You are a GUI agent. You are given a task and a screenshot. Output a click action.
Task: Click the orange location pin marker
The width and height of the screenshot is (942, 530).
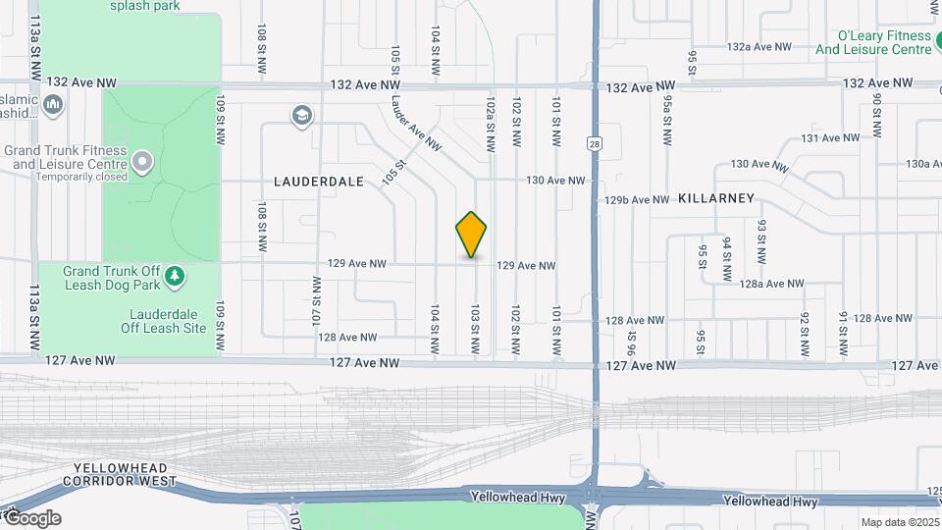[472, 235]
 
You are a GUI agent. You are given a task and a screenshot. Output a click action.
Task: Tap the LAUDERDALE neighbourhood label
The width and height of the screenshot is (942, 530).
[319, 182]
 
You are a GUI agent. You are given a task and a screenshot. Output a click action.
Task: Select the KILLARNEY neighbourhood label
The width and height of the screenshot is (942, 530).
[716, 198]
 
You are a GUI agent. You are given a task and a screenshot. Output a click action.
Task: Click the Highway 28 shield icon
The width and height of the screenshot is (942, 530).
[595, 143]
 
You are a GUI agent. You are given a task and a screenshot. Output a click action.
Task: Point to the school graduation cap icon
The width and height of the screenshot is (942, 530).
[302, 117]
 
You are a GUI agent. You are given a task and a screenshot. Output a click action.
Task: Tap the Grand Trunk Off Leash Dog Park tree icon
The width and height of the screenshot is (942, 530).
[175, 276]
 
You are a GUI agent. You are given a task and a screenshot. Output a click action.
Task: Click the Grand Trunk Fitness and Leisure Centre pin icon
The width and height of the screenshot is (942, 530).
[143, 161]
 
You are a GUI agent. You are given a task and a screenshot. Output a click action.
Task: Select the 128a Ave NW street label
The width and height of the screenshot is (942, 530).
[771, 284]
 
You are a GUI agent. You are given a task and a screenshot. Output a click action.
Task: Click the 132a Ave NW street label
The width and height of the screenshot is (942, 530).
[759, 46]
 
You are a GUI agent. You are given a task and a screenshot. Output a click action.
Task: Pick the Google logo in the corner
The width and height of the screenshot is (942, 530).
[31, 518]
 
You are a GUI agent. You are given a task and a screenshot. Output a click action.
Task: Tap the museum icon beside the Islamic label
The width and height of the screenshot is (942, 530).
[54, 104]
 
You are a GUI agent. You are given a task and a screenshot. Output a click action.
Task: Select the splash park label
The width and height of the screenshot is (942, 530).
[144, 6]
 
